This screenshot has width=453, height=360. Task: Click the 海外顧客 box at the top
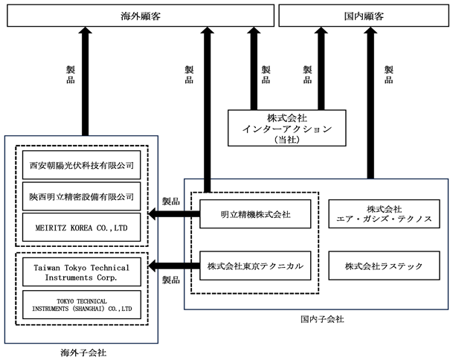pos(141,16)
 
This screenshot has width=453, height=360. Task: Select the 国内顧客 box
pos(364,16)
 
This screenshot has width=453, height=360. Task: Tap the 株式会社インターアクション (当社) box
pos(287,128)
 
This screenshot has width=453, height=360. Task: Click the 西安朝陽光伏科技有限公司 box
pos(82,165)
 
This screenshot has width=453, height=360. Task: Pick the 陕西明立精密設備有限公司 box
pos(82,196)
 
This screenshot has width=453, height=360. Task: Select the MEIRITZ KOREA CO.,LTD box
pos(82,228)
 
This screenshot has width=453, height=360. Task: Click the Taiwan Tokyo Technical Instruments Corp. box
pos(82,272)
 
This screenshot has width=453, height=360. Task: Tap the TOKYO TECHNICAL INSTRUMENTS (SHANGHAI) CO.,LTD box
pos(82,305)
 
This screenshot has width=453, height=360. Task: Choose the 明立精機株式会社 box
pos(255,214)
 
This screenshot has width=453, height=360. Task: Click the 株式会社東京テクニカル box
pos(255,266)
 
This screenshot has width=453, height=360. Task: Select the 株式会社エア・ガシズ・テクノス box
pos(385,214)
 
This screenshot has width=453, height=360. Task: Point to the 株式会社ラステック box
pos(385,266)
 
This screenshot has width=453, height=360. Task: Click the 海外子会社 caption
pos(83,353)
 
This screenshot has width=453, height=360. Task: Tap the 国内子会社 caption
pos(322,319)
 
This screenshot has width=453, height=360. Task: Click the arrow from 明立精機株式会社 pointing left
pos(174,214)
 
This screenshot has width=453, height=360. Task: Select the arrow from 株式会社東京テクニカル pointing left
pos(174,266)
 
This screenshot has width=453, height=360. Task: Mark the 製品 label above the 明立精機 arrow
pos(171,201)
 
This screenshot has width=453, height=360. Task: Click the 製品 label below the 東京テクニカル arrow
pos(171,280)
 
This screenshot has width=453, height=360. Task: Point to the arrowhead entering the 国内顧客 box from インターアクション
pos(321,30)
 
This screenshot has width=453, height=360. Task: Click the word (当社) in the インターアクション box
pos(287,140)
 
